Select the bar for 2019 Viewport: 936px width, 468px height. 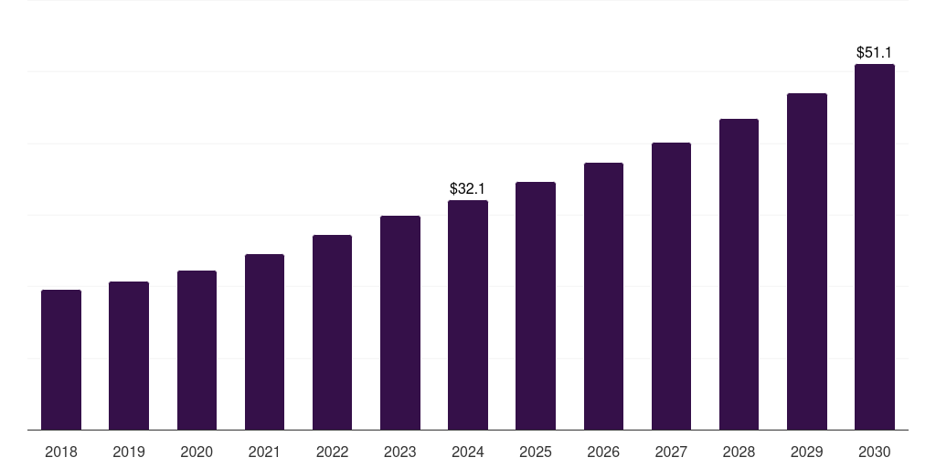click(x=129, y=356)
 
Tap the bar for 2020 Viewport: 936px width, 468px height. click(x=197, y=350)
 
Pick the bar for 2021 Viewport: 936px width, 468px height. click(x=264, y=342)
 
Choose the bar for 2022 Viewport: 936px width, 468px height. click(x=332, y=332)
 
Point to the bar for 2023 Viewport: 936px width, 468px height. click(x=400, y=323)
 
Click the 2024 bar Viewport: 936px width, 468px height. click(x=468, y=314)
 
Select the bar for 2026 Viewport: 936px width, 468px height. click(x=603, y=296)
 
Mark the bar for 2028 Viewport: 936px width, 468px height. click(x=739, y=274)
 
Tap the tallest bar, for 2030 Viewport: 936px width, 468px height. click(x=875, y=247)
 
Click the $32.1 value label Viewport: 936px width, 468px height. click(x=467, y=189)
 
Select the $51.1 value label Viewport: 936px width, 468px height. click(x=875, y=53)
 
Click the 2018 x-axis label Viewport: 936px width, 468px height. click(x=61, y=452)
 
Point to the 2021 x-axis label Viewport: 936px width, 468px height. click(x=264, y=452)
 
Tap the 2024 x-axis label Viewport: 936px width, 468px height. click(x=468, y=452)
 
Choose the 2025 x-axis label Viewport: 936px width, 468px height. click(x=536, y=452)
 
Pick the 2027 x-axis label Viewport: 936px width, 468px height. click(x=671, y=452)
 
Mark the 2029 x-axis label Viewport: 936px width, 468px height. click(x=807, y=452)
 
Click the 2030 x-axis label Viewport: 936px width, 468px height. click(x=875, y=452)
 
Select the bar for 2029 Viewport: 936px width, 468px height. click(x=807, y=261)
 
